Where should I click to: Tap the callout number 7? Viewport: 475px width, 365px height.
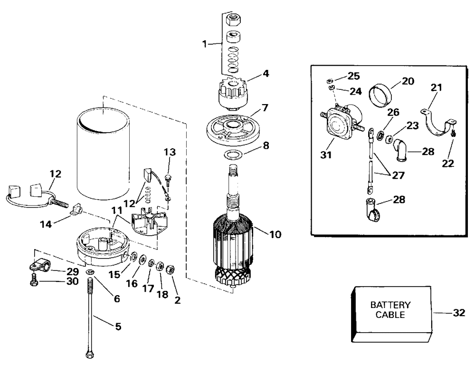coord(265,108)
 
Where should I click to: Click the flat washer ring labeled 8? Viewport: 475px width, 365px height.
coord(233,155)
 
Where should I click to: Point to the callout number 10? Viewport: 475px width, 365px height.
coord(275,234)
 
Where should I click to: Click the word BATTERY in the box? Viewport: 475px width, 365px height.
coord(390,305)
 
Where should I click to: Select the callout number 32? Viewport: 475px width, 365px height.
coord(459,313)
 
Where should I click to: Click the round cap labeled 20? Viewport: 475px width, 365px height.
coord(380,96)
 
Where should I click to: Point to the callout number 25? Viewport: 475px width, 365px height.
coord(353,76)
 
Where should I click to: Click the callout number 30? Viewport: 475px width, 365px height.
coord(72,281)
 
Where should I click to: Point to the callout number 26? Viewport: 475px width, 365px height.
coord(393,112)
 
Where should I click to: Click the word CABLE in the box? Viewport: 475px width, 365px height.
coord(390,315)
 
